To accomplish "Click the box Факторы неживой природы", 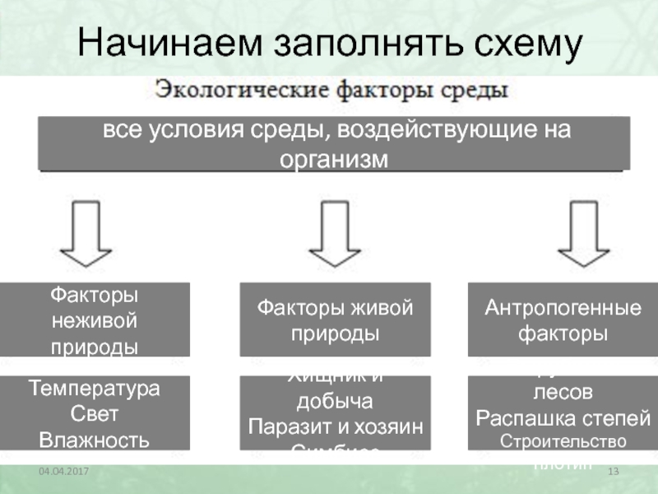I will (95, 319).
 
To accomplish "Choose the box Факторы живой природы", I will (335, 319).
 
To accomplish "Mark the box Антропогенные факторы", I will (563, 319).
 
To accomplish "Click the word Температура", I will (95, 387).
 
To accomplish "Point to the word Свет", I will (95, 412).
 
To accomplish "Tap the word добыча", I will (334, 403).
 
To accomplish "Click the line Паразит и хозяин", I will (335, 427).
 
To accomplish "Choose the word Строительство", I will (563, 440).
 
